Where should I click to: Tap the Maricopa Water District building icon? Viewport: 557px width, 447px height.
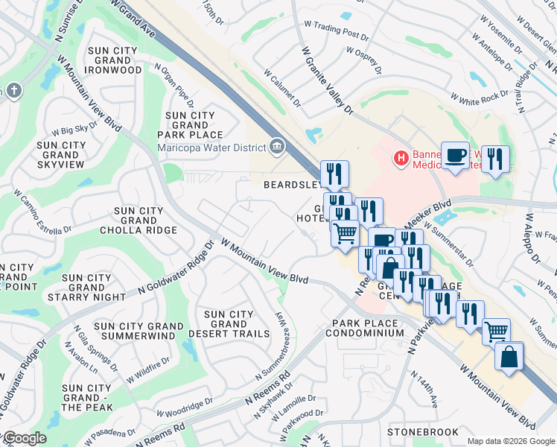tap(277, 145)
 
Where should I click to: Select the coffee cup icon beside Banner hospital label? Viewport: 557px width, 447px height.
tap(455, 155)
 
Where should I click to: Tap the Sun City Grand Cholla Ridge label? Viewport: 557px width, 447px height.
tap(139, 221)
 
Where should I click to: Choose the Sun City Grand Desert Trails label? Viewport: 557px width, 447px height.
tap(229, 324)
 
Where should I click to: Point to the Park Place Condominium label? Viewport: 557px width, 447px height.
tap(368, 329)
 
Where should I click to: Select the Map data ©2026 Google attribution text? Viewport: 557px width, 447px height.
tap(511, 441)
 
